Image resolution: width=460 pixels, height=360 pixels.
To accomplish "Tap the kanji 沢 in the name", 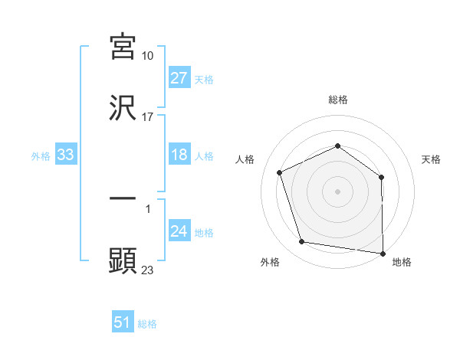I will [123, 109].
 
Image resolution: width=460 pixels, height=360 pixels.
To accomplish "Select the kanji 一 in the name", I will [123, 198].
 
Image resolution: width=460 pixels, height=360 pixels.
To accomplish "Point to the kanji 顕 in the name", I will [123, 260].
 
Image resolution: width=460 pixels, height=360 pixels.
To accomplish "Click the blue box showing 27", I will [179, 78].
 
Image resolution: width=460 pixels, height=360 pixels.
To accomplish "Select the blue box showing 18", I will [179, 155].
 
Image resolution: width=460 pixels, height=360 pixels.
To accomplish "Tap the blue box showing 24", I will [179, 232].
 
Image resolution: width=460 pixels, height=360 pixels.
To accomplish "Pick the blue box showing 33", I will [66, 155].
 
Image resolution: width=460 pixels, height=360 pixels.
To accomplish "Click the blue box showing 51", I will [123, 322].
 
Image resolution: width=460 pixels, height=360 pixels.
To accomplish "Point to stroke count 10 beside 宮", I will [148, 56].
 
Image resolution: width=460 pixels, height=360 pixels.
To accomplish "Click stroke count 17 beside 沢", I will [148, 118].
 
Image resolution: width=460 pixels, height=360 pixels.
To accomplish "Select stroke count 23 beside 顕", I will [148, 270].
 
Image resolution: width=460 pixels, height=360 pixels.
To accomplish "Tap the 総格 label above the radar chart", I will [337, 100].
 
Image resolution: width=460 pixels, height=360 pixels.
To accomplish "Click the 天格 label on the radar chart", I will [432, 159].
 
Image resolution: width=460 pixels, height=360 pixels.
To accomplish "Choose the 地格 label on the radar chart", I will [402, 262].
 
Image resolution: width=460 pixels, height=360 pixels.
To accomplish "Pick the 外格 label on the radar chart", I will [270, 262].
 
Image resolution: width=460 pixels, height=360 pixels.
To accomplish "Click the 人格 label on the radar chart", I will [245, 159].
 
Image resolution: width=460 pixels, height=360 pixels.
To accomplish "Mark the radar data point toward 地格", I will [383, 253].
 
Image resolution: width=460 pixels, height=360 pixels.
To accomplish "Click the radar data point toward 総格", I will [337, 146].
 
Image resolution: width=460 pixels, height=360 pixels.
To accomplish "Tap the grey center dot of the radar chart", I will [337, 191].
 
